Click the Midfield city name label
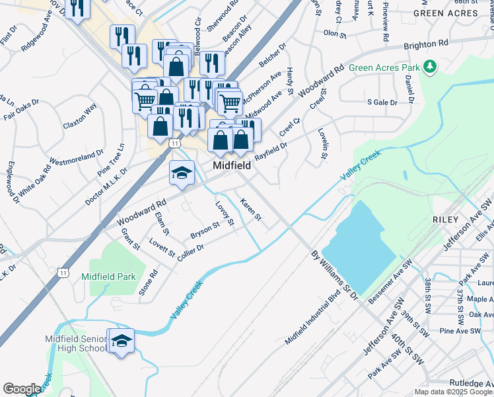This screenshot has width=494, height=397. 231,165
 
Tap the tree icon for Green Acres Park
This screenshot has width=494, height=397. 431,66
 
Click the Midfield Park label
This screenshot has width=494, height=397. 108,277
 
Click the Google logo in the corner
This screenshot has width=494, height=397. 22,389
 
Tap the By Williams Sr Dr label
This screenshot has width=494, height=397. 334,272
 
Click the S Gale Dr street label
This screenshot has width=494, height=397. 382,103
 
